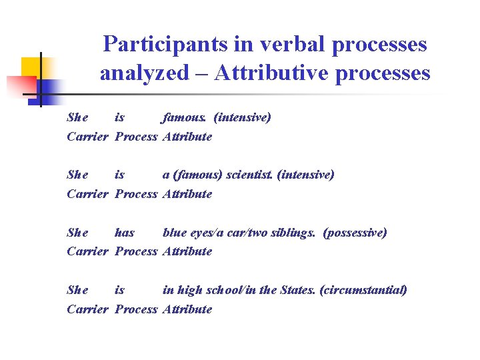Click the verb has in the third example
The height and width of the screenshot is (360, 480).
[x=124, y=233]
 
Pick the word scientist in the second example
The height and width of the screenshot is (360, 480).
[x=250, y=175]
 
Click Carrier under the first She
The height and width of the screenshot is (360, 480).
[x=87, y=137]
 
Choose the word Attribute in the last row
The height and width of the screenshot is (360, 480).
[x=187, y=309]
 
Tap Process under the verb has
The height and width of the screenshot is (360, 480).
[x=136, y=251]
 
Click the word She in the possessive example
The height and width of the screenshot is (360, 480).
[x=77, y=233]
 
